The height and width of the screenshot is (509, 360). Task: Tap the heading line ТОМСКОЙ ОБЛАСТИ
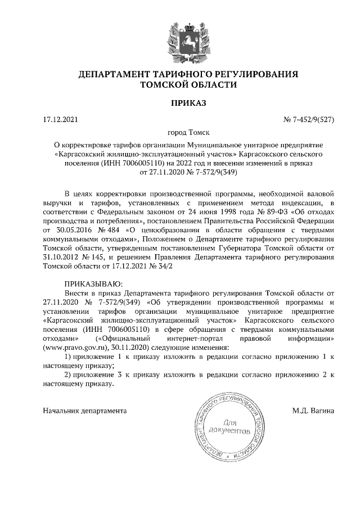(x=180, y=85)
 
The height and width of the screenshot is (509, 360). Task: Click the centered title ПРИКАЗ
(x=179, y=103)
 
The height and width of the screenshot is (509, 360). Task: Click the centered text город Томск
(x=180, y=133)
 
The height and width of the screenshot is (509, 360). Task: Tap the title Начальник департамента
(x=85, y=411)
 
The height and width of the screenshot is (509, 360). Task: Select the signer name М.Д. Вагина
(x=313, y=411)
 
